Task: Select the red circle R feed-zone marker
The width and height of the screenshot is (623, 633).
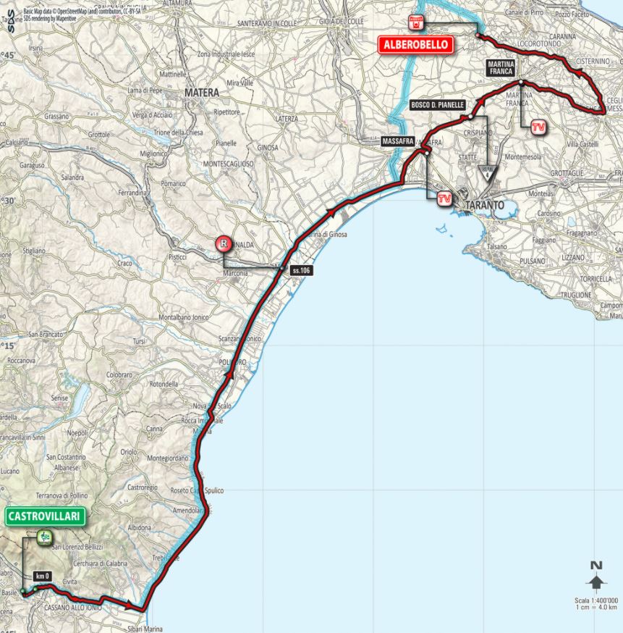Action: tap(225, 244)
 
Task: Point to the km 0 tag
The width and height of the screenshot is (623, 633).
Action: tap(43, 576)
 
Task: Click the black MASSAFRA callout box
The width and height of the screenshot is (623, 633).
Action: tap(397, 143)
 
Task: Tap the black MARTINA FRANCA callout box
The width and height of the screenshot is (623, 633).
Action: tap(500, 68)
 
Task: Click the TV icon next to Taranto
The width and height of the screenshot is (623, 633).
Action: tap(445, 197)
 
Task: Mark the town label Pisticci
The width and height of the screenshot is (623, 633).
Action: tap(175, 257)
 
